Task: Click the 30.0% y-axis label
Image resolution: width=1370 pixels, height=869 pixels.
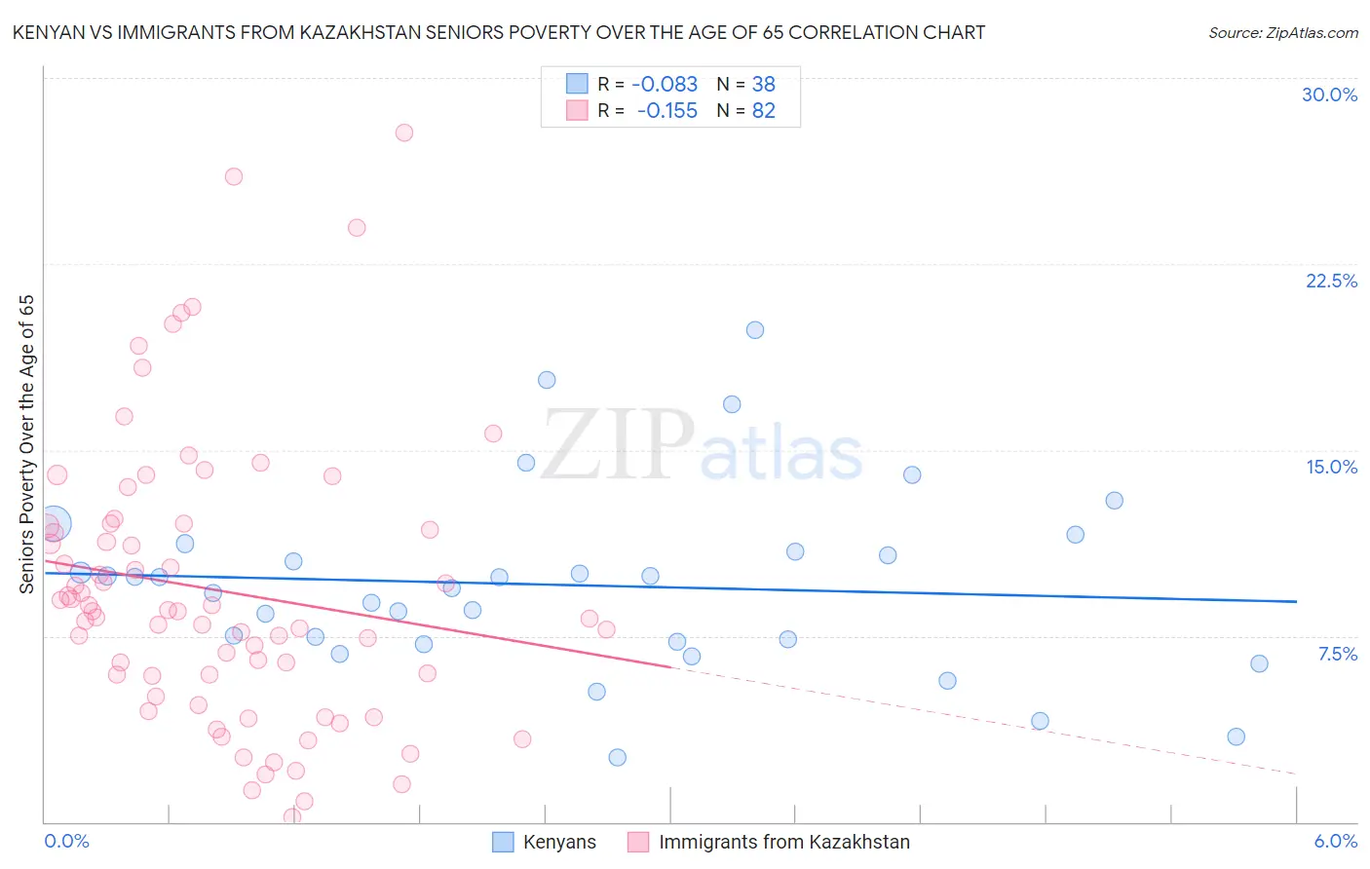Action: (1329, 94)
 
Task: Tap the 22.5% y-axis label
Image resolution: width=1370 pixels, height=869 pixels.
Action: (1331, 281)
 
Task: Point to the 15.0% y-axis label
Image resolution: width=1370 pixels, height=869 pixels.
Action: (1331, 467)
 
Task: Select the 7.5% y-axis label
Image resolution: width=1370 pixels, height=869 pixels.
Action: (1337, 654)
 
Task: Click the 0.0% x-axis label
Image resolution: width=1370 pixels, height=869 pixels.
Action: (66, 841)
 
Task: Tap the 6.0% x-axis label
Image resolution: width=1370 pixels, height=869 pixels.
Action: (1335, 841)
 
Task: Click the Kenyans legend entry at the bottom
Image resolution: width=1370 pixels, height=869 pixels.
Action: (559, 842)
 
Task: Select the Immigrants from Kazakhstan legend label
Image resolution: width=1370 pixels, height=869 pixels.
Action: (783, 842)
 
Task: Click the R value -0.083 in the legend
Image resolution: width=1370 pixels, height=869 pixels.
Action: (665, 85)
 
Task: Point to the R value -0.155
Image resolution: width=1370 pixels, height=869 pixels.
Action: (666, 111)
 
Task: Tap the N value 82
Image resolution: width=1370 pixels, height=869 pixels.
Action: (764, 111)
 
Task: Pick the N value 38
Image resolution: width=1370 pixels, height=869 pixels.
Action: (764, 85)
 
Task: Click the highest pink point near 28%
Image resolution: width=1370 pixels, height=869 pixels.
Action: (404, 132)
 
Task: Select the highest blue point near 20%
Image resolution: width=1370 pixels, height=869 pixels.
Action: (755, 330)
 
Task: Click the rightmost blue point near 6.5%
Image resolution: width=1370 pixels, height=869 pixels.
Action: (1259, 663)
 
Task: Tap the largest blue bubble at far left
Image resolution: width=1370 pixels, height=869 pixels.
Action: (55, 524)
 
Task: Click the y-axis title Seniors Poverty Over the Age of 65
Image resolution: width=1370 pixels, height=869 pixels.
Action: (27, 443)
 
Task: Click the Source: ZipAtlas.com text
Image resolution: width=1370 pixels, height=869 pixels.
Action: (1282, 33)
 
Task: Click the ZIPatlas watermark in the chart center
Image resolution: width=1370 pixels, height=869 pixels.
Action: (702, 446)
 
